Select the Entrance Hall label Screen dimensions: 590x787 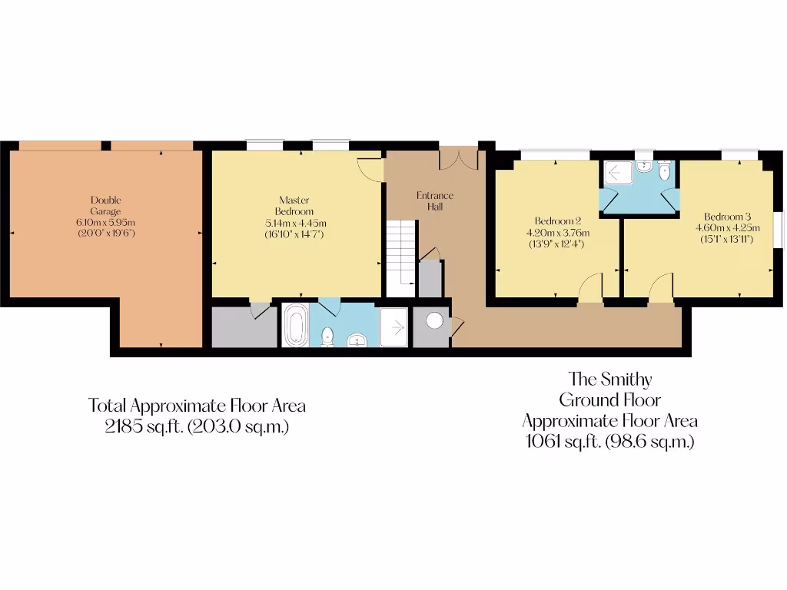pos(435,201)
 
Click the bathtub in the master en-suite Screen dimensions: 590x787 pos(295,326)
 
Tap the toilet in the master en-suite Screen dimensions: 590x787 pos(327,336)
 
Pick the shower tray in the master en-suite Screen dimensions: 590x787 pos(394,327)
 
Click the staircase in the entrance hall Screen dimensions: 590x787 pos(400,257)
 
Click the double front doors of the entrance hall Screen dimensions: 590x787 pos(458,158)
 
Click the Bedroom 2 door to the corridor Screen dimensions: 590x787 pos(590,290)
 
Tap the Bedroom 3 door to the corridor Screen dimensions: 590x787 pos(661,290)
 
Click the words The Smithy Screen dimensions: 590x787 pos(610,378)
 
